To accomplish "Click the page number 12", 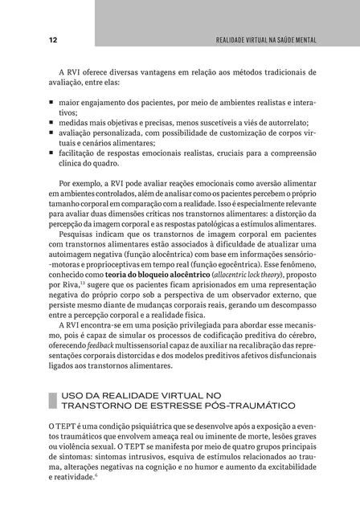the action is coord(30,39).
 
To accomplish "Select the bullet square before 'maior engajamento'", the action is coord(51,104).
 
